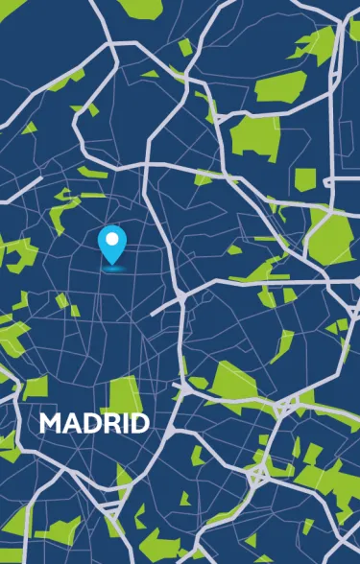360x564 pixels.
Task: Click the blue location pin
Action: click(113, 244)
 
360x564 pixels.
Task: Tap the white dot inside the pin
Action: click(113, 237)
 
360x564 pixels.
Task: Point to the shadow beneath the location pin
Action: click(113, 269)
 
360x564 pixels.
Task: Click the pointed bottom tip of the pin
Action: click(113, 264)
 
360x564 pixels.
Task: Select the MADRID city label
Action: click(94, 423)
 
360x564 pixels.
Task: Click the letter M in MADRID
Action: click(50, 423)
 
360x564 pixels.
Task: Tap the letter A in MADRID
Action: click(71, 423)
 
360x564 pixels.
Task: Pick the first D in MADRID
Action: click(89, 423)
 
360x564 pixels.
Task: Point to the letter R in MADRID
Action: click(108, 423)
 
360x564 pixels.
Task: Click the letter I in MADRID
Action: click(122, 423)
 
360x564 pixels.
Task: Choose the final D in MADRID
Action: click(137, 423)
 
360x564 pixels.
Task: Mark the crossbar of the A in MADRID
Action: click(71, 428)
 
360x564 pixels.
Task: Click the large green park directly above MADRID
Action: click(123, 393)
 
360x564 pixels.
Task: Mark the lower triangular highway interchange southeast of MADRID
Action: click(258, 471)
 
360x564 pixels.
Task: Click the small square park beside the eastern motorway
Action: click(305, 178)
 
